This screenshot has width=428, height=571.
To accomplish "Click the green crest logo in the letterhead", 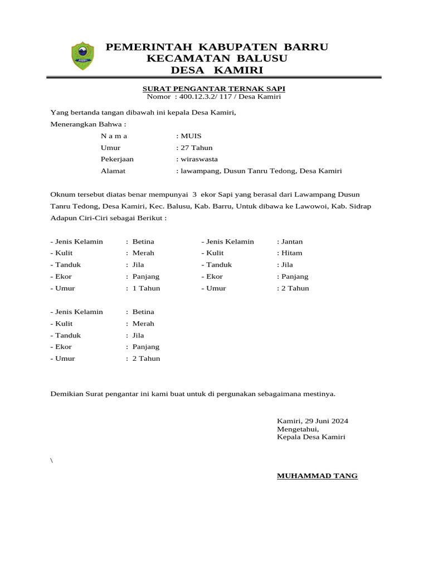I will click(x=82, y=57).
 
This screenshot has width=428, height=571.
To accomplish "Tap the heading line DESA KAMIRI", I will click(x=216, y=70).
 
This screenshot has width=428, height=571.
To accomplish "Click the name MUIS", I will click(x=191, y=136).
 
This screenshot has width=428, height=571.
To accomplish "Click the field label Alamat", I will click(x=113, y=171).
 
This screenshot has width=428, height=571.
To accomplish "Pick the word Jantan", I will click(x=292, y=241).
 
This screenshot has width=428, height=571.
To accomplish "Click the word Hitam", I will click(x=291, y=253).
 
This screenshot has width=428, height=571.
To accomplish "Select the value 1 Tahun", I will click(x=146, y=288).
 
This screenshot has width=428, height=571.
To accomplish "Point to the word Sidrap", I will click(x=359, y=206).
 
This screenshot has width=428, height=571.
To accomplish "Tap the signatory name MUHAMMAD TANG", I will click(x=317, y=476).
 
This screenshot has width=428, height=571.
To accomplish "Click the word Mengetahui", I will click(x=298, y=429).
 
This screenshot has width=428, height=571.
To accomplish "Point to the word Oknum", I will click(x=62, y=195).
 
